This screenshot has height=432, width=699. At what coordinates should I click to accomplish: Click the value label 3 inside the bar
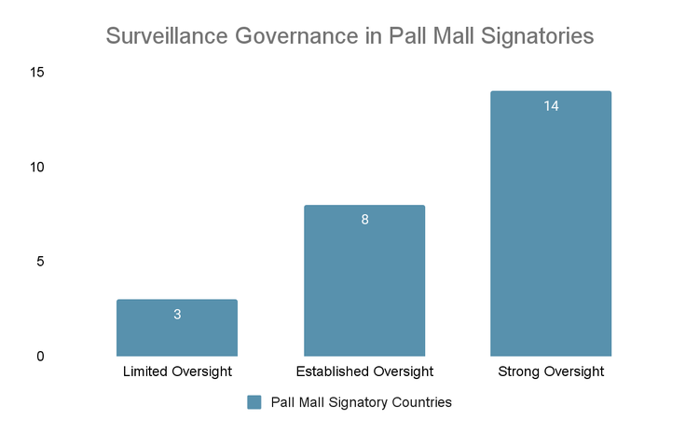(x=177, y=315)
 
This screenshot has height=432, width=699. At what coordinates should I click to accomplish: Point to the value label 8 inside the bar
(x=364, y=221)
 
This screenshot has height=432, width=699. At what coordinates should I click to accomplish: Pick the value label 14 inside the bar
(x=551, y=106)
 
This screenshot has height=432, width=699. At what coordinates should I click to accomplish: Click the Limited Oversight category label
(x=177, y=372)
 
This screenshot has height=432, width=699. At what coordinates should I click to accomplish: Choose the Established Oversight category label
(x=364, y=372)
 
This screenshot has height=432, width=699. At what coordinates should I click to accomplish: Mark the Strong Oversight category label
(x=551, y=372)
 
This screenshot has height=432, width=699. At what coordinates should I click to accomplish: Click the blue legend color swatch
(x=254, y=402)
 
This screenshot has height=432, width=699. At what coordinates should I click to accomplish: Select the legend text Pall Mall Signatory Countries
(x=361, y=402)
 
